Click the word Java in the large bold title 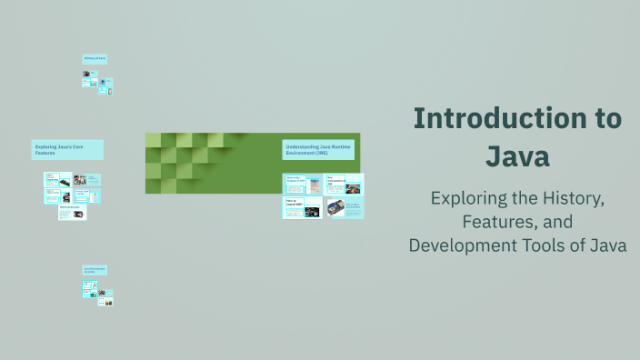point(517,155)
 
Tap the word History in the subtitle point(562,197)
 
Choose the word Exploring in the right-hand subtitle point(470,197)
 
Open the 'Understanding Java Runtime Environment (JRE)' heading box point(317,149)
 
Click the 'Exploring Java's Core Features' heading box point(67,150)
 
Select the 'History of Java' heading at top point(95,59)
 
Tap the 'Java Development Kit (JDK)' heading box point(95,270)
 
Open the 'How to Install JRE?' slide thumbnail point(302,208)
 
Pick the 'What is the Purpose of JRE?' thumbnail point(302,184)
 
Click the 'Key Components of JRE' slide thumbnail point(345,185)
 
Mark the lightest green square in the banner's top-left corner point(153,140)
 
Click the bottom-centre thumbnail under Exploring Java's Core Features point(73,213)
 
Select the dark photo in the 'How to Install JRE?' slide point(312,211)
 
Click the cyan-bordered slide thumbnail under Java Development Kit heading point(89,289)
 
